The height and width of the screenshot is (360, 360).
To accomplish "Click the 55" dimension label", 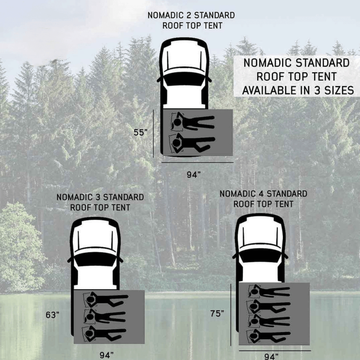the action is coord(140,132).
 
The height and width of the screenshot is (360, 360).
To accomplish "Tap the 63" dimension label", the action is coord(53,315).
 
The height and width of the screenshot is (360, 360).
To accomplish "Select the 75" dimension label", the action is coord(217,313).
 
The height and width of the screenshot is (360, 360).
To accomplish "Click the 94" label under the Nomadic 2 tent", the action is coord(193,175).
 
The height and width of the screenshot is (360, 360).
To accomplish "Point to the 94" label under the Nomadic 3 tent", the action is coord(107,355).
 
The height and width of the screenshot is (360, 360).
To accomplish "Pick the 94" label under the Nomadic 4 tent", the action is coord(271,356).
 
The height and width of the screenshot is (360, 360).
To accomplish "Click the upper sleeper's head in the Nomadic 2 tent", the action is coord(177,122).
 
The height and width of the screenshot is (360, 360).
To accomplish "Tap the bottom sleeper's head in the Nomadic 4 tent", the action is coord(253,336).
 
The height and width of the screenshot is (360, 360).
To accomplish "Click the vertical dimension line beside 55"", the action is coord(153,133).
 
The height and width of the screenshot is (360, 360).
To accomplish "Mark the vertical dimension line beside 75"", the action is coord(230,315).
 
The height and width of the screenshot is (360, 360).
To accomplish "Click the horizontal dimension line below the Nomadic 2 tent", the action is coord(198,162).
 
